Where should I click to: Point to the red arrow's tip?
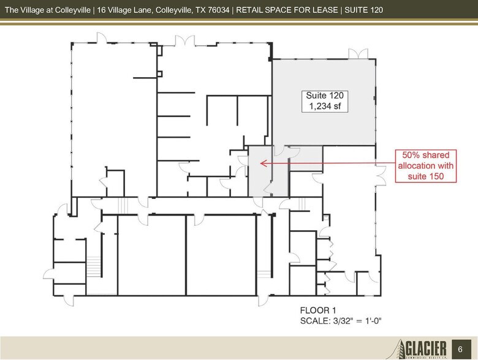(x=261, y=163)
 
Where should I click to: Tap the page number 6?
(x=461, y=349)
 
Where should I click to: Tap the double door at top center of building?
(x=184, y=41)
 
